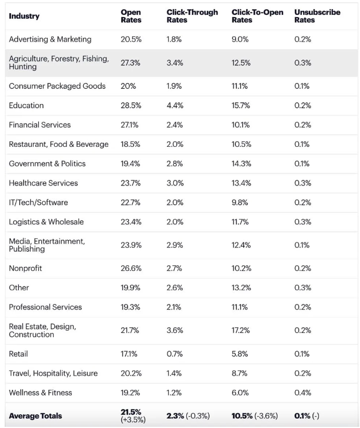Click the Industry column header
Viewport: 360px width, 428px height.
(24, 16)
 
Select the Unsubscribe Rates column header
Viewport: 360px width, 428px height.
(317, 16)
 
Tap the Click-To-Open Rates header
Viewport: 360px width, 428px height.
(257, 16)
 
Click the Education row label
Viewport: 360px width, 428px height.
(26, 105)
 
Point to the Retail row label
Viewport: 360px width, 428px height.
(18, 354)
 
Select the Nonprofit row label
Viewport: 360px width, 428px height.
(26, 268)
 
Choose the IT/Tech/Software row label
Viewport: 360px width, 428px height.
(38, 202)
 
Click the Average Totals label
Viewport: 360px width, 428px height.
(35, 415)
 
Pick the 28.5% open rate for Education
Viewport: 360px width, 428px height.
(131, 105)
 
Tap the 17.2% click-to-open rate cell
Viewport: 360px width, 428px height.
(240, 330)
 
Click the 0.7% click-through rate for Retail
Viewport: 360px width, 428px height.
(174, 354)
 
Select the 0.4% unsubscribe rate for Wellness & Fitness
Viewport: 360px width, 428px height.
(302, 393)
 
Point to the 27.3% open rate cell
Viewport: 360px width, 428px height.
(130, 63)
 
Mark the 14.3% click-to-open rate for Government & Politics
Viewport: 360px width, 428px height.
(241, 163)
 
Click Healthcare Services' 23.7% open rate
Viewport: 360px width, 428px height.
(130, 183)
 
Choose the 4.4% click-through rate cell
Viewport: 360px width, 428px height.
(175, 105)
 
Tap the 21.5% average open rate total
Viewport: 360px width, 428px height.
(131, 412)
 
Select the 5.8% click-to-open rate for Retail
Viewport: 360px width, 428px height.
(240, 354)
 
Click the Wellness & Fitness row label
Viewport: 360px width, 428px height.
(40, 393)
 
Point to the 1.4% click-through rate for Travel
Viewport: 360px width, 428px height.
(174, 373)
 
